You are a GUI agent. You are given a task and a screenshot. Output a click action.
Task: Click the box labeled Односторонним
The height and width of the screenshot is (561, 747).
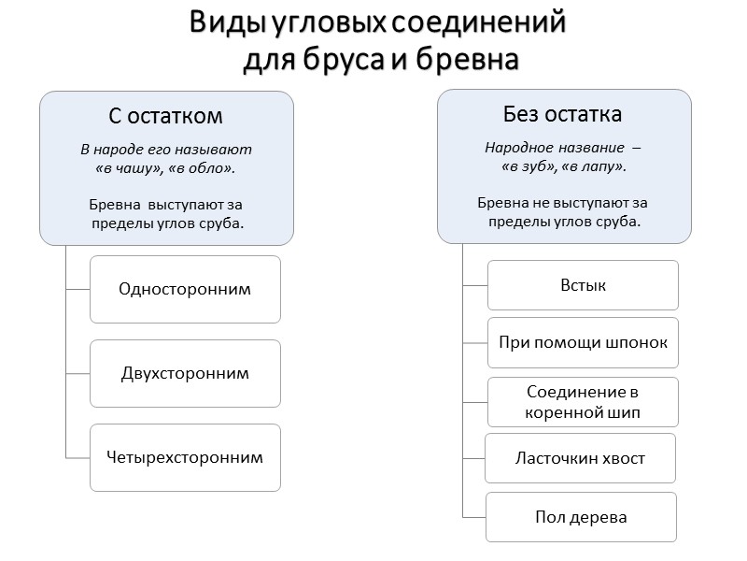[x=185, y=289]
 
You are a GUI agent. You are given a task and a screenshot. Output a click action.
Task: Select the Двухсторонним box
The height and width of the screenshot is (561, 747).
[x=185, y=373]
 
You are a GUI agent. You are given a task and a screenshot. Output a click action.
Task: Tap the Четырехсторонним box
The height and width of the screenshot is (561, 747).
[x=185, y=457]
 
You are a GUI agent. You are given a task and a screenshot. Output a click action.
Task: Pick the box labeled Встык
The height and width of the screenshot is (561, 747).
[x=583, y=284]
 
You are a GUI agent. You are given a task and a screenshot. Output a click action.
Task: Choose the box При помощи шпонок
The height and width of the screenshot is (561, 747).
[x=583, y=342]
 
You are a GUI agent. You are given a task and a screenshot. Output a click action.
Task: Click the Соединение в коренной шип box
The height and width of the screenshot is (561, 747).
[x=583, y=401]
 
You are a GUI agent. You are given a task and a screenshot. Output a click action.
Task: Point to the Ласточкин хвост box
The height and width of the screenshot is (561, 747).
[x=580, y=458]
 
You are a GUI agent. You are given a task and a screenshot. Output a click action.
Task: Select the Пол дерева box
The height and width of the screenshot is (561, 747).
[x=580, y=516]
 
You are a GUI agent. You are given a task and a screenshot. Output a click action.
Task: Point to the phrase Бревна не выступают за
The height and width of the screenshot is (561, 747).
[x=562, y=202]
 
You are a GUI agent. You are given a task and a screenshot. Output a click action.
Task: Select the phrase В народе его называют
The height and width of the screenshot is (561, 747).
[x=166, y=150]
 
